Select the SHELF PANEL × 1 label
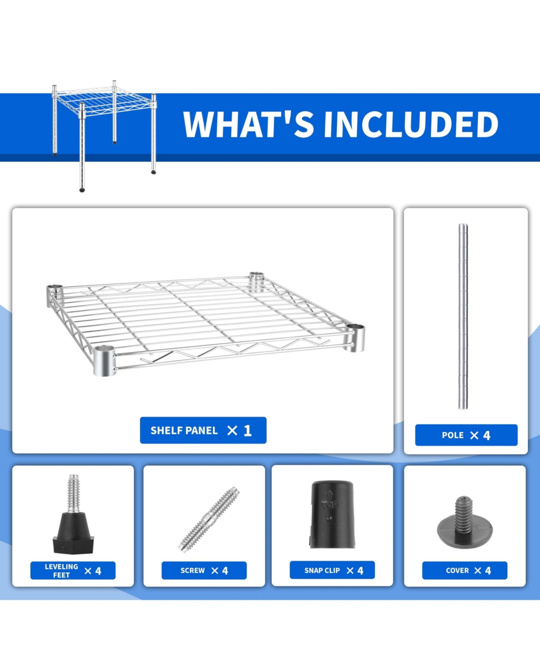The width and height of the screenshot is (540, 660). pyautogui.click(x=203, y=430)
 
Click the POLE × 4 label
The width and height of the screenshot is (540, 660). pyautogui.click(x=466, y=435)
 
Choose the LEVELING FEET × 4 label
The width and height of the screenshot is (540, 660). pyautogui.click(x=73, y=570)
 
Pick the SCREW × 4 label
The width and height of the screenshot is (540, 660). pyautogui.click(x=204, y=570)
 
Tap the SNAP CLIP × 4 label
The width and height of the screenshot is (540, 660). pyautogui.click(x=332, y=570)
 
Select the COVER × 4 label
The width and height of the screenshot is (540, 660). pyautogui.click(x=464, y=570)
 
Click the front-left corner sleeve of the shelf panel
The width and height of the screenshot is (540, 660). pyautogui.click(x=104, y=360)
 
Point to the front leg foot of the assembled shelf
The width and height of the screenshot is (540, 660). pyautogui.click(x=82, y=190)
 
